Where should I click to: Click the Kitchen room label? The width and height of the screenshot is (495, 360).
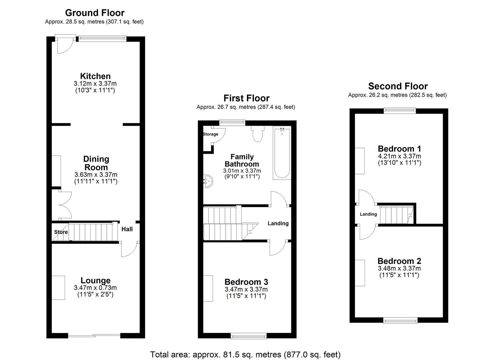tap(95, 76)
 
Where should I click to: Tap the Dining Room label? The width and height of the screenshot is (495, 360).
tap(96, 163)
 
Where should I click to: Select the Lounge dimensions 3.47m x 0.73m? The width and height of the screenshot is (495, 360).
tap(95, 288)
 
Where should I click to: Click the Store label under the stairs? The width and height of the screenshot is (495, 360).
tap(61, 232)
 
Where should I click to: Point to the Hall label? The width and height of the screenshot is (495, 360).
tap(127, 229)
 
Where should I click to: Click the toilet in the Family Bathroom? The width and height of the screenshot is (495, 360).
tap(257, 134)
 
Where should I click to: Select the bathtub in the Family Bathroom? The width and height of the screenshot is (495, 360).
tap(282, 153)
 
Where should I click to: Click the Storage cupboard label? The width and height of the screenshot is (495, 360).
tap(210, 134)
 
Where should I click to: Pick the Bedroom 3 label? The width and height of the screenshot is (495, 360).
tap(246, 282)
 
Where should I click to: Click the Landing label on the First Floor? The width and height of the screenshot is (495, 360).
tap(278, 223)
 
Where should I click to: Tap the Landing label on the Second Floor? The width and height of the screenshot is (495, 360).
tap(368, 214)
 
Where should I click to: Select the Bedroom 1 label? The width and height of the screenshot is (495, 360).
tap(399, 149)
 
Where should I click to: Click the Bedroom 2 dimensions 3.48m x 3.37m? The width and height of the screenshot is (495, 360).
tap(399, 268)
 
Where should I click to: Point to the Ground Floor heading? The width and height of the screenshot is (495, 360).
tap(95, 13)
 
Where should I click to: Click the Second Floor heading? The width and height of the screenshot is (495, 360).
tap(398, 86)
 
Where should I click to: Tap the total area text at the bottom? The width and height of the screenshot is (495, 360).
tap(245, 354)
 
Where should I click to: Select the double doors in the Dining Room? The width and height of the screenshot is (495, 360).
tap(64, 206)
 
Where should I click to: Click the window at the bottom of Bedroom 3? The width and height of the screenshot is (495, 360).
tap(248, 336)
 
